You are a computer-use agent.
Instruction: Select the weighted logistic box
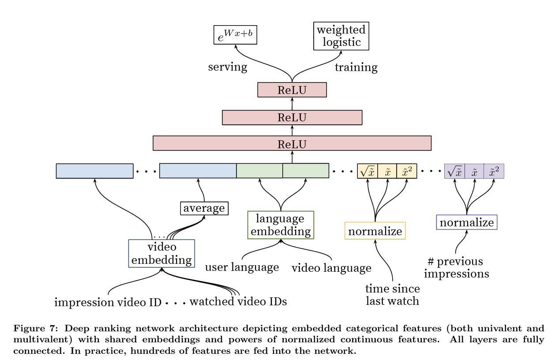point(341,36)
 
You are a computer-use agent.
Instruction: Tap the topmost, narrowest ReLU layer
point(292,90)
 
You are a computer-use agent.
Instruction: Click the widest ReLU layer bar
point(292,143)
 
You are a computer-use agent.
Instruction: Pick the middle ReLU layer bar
point(292,117)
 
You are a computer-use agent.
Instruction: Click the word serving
point(227,67)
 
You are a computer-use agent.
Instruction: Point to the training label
point(356,67)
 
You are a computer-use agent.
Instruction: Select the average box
point(204,208)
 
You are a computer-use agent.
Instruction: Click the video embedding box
point(161,253)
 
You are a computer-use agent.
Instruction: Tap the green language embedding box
point(281,225)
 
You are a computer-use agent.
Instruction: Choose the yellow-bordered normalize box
point(375,231)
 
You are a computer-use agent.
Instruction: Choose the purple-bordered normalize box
point(466,222)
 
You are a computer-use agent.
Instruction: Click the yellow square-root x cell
point(367,171)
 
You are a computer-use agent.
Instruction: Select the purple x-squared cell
point(494,171)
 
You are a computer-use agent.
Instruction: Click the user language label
point(242,267)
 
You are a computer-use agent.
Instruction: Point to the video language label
point(331,268)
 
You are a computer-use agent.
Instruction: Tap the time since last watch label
point(392,295)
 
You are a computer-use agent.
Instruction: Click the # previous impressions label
point(456,267)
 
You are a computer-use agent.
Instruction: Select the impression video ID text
point(108,302)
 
